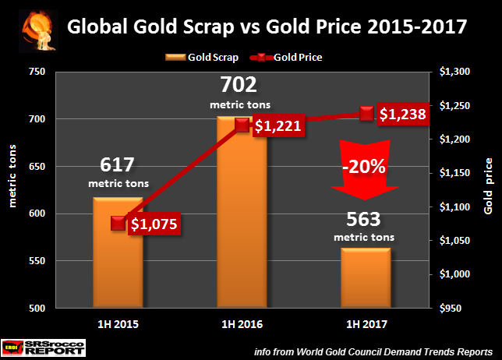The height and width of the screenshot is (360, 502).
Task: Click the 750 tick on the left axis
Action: [37, 72]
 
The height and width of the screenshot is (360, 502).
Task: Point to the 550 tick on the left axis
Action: [37, 261]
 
